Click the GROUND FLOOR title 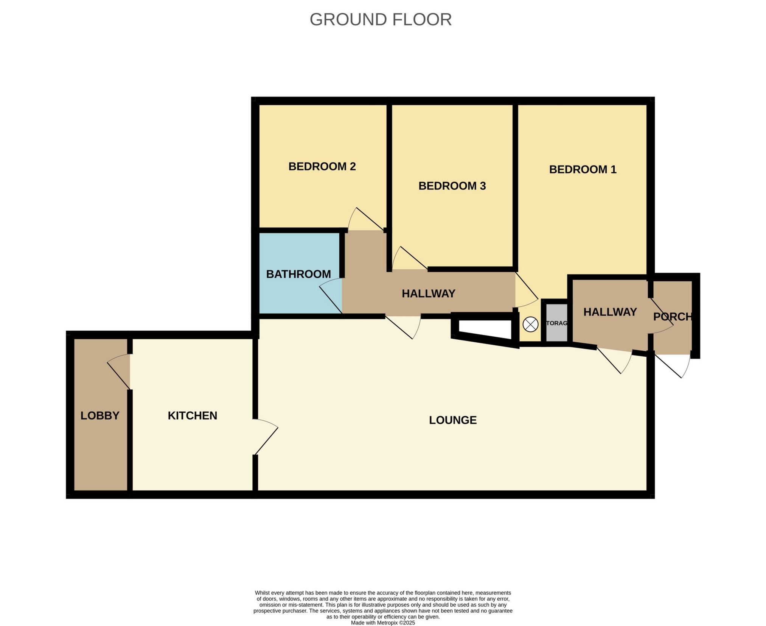(x=381, y=20)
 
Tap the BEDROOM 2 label (x=322, y=167)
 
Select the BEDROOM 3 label (x=452, y=186)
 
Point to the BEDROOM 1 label (x=583, y=169)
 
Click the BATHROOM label (x=298, y=274)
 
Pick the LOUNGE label (x=453, y=420)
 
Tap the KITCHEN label (x=193, y=416)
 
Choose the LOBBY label (x=100, y=416)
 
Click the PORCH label (x=673, y=317)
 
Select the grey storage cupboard (x=556, y=323)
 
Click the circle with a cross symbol (x=530, y=325)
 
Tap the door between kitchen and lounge (x=266, y=437)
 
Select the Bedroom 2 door (x=366, y=220)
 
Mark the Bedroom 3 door (x=409, y=259)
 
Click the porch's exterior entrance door (x=672, y=366)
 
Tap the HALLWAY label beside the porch (x=610, y=312)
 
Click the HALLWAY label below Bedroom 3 (x=428, y=293)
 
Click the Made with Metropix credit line (x=383, y=623)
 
